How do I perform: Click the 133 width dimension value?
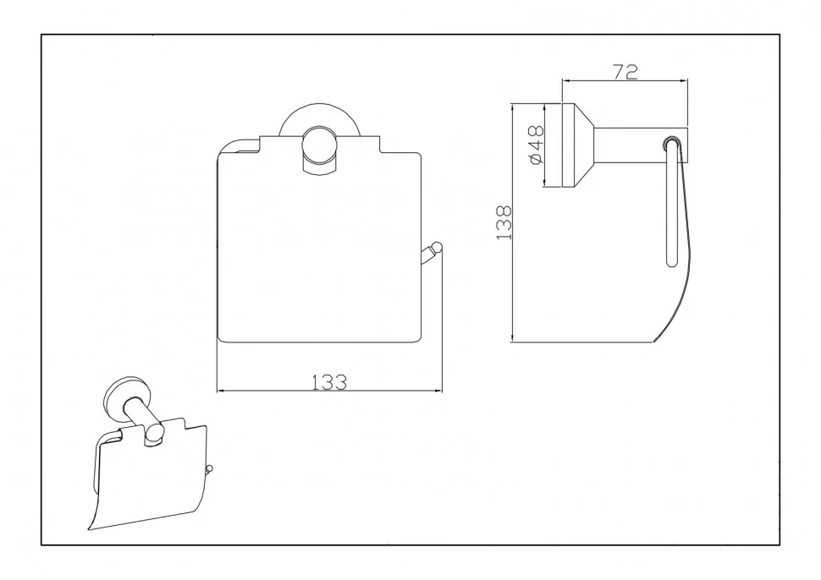coord(329,382)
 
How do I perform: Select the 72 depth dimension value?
coord(625,72)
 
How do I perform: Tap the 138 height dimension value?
coord(504,223)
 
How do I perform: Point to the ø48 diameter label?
coord(537,145)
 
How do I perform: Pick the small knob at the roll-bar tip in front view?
coord(436,247)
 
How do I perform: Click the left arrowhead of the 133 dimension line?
coord(221,391)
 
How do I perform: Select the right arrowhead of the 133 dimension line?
coord(438,391)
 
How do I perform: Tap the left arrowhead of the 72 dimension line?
coord(566,80)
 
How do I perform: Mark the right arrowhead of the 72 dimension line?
coord(683,80)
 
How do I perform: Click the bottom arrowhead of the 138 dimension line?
coord(514,338)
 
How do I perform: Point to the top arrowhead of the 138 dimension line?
coord(514,109)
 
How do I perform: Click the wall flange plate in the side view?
coord(568,145)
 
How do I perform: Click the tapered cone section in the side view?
coord(583,145)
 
